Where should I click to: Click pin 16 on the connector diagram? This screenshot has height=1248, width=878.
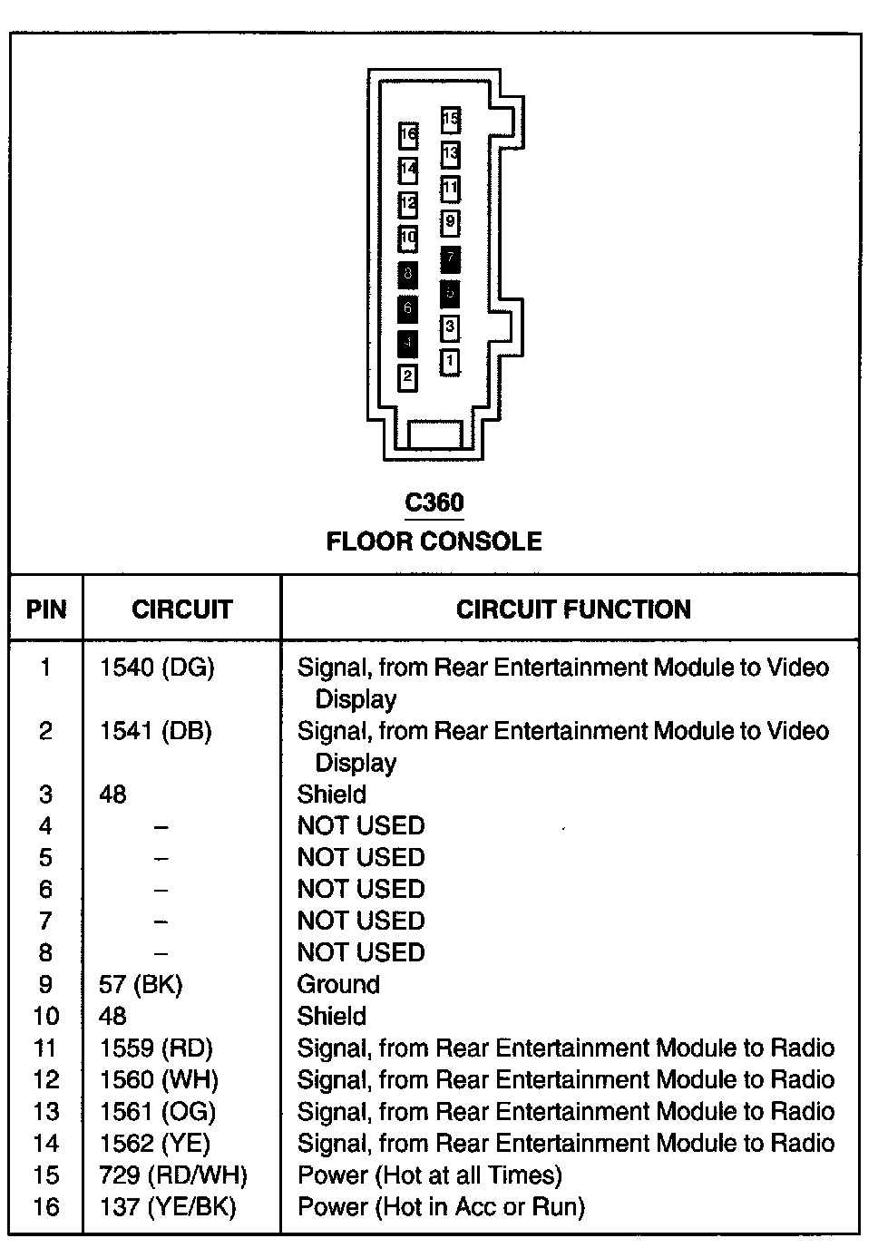(x=408, y=136)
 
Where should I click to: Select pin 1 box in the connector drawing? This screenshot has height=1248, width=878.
(x=450, y=362)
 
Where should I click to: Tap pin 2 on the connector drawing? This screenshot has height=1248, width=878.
(x=408, y=377)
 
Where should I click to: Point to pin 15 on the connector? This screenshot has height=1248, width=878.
(x=451, y=119)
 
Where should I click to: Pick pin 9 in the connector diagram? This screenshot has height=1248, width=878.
(x=451, y=222)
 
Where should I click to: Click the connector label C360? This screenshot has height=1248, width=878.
(x=434, y=502)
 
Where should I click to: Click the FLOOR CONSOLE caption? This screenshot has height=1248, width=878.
(x=434, y=541)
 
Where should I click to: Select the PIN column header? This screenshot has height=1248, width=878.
(x=46, y=609)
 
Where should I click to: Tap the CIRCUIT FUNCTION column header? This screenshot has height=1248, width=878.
(x=573, y=609)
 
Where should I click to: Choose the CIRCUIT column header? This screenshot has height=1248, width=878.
(x=182, y=609)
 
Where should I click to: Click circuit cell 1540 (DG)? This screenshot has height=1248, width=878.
(x=157, y=668)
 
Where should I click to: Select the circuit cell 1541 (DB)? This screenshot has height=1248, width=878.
(x=155, y=732)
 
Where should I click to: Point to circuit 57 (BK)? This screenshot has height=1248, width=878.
(x=141, y=985)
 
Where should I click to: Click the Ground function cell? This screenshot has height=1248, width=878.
(x=338, y=985)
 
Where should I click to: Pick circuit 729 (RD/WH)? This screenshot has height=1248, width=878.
(x=173, y=1175)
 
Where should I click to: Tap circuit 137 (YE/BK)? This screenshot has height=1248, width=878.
(x=168, y=1207)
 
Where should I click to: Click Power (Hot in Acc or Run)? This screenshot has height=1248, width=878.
(x=442, y=1207)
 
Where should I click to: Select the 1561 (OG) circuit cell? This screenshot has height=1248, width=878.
(x=158, y=1112)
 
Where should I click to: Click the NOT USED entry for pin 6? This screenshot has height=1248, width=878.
(x=361, y=890)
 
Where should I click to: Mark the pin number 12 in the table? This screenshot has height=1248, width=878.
(x=46, y=1080)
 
